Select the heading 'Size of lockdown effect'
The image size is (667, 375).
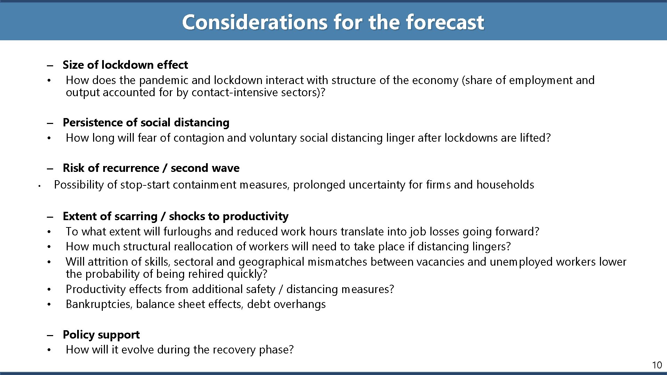(125, 65)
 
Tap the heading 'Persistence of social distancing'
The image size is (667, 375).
(146, 123)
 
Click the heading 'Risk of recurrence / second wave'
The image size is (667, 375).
(151, 168)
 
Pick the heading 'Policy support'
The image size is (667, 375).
(101, 335)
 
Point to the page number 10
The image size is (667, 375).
(657, 365)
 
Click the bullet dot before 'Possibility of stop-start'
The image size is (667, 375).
(40, 186)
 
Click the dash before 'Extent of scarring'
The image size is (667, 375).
(51, 217)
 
